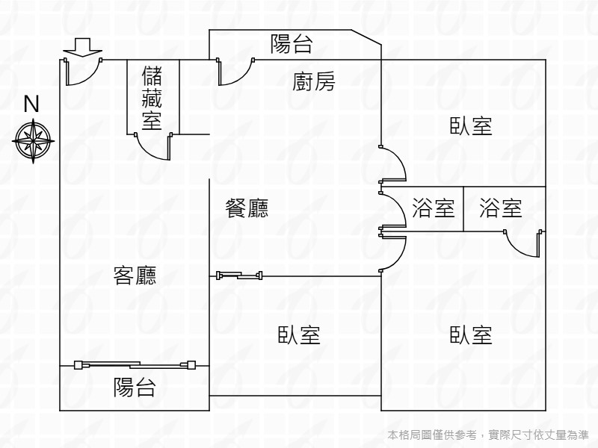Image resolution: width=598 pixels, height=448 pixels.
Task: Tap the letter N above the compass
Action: [x=31, y=105]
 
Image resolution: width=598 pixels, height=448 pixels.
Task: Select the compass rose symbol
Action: [x=32, y=138]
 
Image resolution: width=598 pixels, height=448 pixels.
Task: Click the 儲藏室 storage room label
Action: [x=152, y=98]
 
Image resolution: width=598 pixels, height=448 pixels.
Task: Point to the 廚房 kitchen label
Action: [x=313, y=82]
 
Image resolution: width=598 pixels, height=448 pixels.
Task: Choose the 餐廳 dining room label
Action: [x=247, y=208]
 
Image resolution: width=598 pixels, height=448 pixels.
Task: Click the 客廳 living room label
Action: [x=135, y=276]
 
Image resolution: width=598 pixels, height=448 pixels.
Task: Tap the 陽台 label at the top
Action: [x=292, y=44]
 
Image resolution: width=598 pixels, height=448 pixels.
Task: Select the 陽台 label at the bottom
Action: [x=135, y=388]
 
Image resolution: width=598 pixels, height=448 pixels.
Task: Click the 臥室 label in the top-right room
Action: [x=471, y=126]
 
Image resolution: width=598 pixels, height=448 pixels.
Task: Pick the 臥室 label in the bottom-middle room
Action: [x=299, y=335]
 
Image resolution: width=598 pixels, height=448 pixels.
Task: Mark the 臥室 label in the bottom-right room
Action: [x=471, y=335]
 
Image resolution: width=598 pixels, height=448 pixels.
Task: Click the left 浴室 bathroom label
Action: [x=434, y=208]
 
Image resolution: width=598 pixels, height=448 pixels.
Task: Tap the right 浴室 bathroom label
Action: [x=501, y=208]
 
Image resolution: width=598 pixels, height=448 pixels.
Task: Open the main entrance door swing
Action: [x=81, y=72]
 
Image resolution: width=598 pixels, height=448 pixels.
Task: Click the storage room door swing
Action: [x=156, y=146]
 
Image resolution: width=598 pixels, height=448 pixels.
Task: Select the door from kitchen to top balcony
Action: [x=235, y=72]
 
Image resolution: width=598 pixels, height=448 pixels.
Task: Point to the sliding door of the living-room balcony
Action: [x=135, y=365]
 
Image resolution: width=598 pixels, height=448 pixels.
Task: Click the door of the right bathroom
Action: [x=523, y=244]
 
